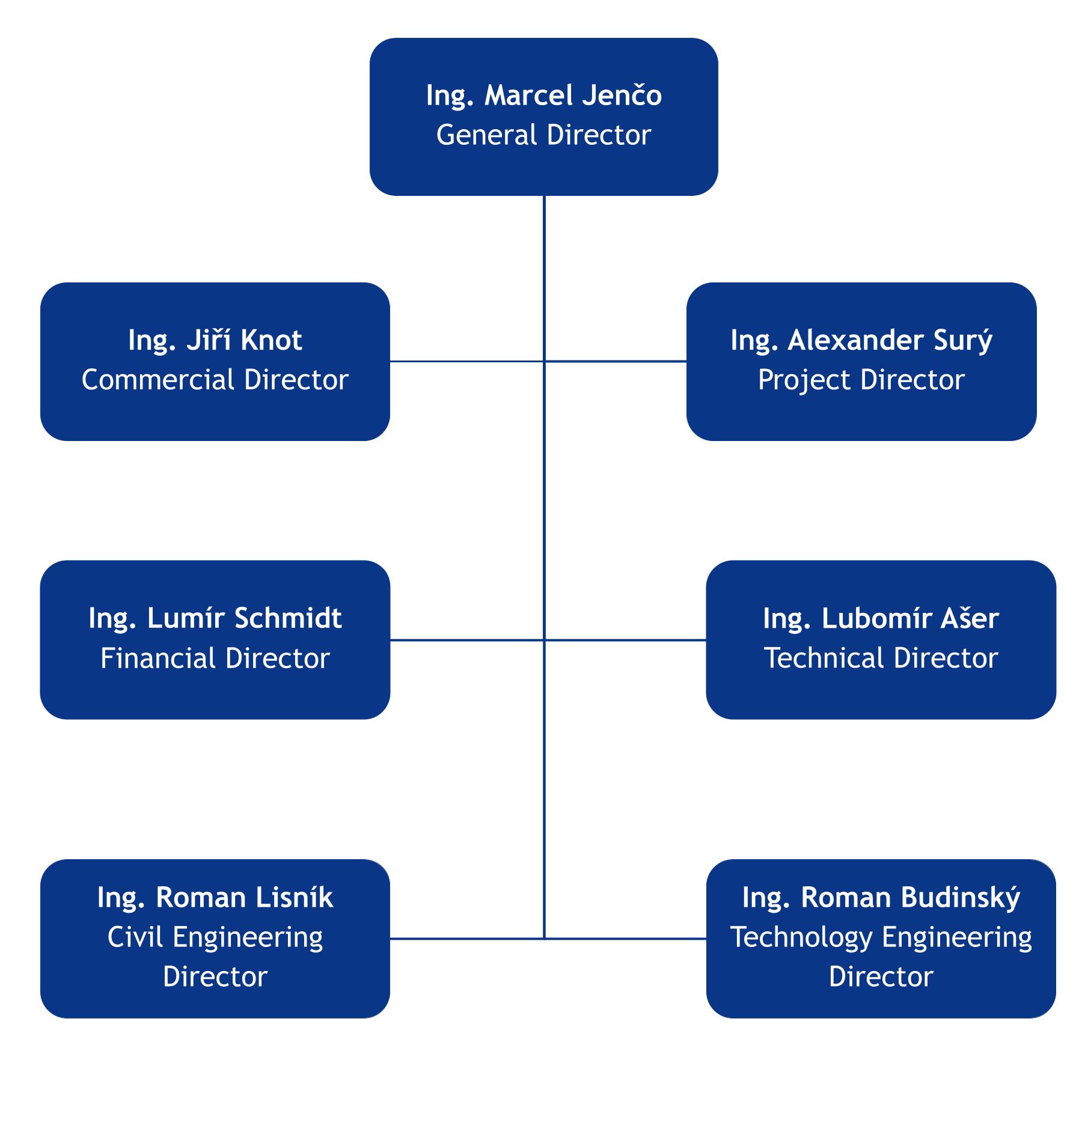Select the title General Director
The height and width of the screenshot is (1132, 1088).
[543, 135]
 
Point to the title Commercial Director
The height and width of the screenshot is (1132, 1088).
[215, 380]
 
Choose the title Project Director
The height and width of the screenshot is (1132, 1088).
[861, 380]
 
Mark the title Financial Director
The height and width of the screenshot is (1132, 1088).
[215, 658]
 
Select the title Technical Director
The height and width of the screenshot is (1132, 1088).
[881, 658]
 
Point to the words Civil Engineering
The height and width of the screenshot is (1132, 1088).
[215, 937]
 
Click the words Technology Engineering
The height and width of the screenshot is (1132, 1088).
[881, 937]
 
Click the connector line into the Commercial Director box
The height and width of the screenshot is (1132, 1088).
[466, 361]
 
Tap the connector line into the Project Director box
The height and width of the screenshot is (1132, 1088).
[616, 361]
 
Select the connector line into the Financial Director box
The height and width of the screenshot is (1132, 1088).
[466, 640]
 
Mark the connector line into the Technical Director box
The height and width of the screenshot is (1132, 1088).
[625, 640]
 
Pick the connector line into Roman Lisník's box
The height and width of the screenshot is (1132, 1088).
[466, 938]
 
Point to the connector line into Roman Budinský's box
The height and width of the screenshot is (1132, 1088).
[625, 938]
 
